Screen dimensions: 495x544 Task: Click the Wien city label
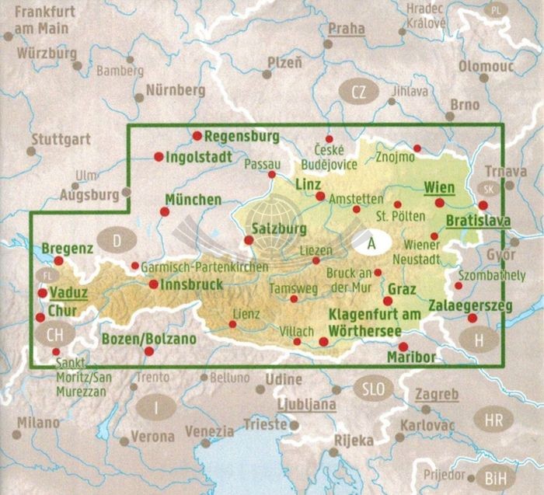[440, 187]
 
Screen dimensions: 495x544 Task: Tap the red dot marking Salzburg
[249, 240]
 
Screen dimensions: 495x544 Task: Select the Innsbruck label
[191, 284]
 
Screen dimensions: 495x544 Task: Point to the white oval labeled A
[372, 243]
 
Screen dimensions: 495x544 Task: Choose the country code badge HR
[493, 420]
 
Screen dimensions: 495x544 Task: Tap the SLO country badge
[369, 388]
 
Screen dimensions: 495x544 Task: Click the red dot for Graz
[387, 302]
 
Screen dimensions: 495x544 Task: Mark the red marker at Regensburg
[197, 135]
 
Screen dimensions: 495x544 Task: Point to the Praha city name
[346, 30]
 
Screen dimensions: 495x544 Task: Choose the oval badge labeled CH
[54, 335]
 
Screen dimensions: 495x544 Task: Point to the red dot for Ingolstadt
[159, 156]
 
